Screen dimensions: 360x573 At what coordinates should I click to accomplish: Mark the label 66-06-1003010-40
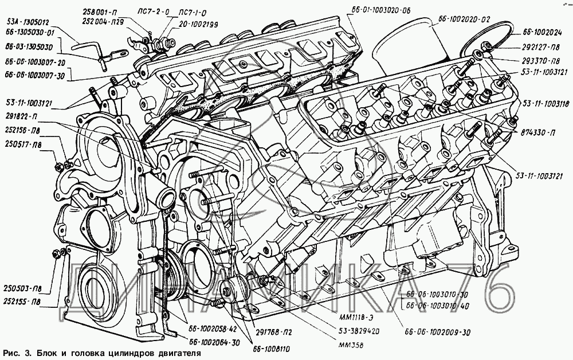pyautogui.click(x=437, y=306)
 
